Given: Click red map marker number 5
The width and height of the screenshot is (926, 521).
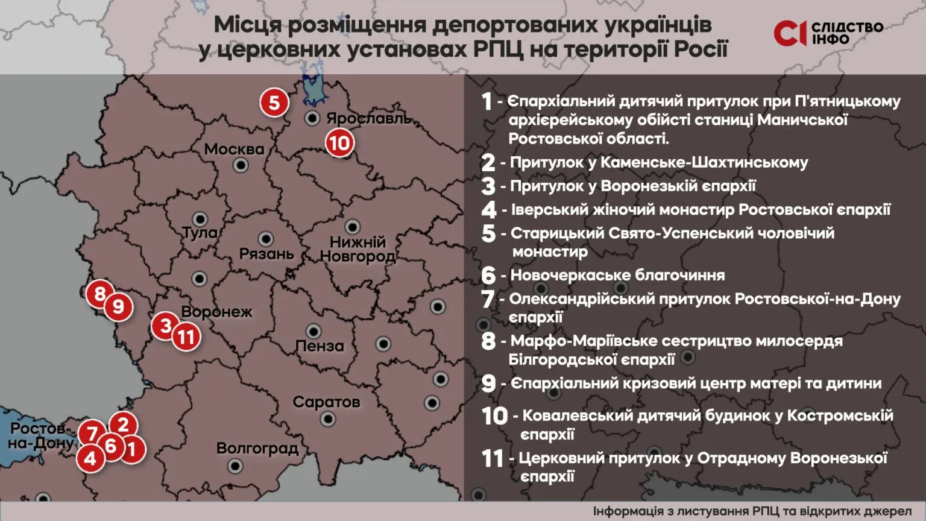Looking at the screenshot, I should pyautogui.click(x=274, y=103).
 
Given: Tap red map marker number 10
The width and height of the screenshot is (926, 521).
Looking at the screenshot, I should pyautogui.click(x=339, y=143).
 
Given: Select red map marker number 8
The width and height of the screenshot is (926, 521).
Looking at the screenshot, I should pyautogui.click(x=100, y=294).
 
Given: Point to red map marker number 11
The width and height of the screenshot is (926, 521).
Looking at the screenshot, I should pyautogui.click(x=186, y=336).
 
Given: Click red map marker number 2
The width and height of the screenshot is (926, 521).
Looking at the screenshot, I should pyautogui.click(x=123, y=425).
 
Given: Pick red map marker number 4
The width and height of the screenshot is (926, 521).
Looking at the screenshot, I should pyautogui.click(x=90, y=458).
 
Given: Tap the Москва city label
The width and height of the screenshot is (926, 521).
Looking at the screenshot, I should pyautogui.click(x=234, y=149).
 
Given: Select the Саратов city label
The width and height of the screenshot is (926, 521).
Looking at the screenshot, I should pyautogui.click(x=326, y=402).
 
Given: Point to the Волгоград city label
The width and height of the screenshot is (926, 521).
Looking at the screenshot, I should pyautogui.click(x=257, y=448).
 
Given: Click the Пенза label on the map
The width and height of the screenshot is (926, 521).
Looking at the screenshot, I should pyautogui.click(x=320, y=346).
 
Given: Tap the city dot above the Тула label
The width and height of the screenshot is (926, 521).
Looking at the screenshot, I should pyautogui.click(x=200, y=219).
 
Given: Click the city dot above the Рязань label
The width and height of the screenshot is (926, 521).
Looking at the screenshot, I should pyautogui.click(x=265, y=239).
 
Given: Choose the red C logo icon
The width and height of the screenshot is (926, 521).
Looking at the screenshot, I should pyautogui.click(x=789, y=33).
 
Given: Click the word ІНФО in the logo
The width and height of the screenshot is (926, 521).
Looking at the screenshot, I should pyautogui.click(x=830, y=40).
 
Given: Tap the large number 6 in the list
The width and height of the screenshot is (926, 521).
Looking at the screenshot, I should pyautogui.click(x=488, y=276).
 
